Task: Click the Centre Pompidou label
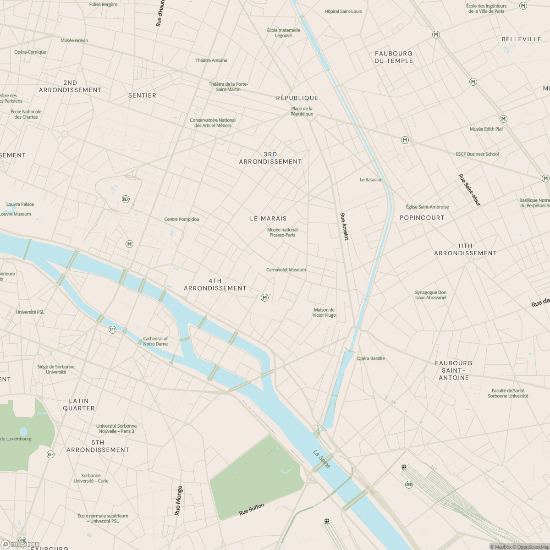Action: pyautogui.click(x=182, y=219)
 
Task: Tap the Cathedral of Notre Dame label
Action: pyautogui.click(x=155, y=341)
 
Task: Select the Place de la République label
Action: pyautogui.click(x=302, y=111)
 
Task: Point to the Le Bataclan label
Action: pyautogui.click(x=371, y=180)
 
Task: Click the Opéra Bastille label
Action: pyautogui.click(x=371, y=358)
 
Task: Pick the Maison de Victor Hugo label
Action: pyautogui.click(x=324, y=313)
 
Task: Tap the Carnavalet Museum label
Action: pyautogui.click(x=286, y=270)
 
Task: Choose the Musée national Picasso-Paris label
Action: pyautogui.click(x=282, y=232)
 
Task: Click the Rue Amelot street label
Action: pyautogui.click(x=344, y=226)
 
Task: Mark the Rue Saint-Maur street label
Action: pyautogui.click(x=470, y=190)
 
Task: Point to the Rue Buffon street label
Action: pyautogui.click(x=252, y=509)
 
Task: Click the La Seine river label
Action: pyautogui.click(x=321, y=459)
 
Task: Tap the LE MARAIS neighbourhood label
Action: pyautogui.click(x=268, y=219)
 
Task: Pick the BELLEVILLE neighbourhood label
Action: pyautogui.click(x=521, y=39)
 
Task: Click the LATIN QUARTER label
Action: pyautogui.click(x=79, y=404)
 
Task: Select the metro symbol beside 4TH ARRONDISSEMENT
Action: pyautogui.click(x=264, y=298)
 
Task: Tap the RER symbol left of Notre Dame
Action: pyautogui.click(x=112, y=330)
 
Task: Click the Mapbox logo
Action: pyautogui.click(x=20, y=544)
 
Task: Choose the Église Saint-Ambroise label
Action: pyautogui.click(x=427, y=207)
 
